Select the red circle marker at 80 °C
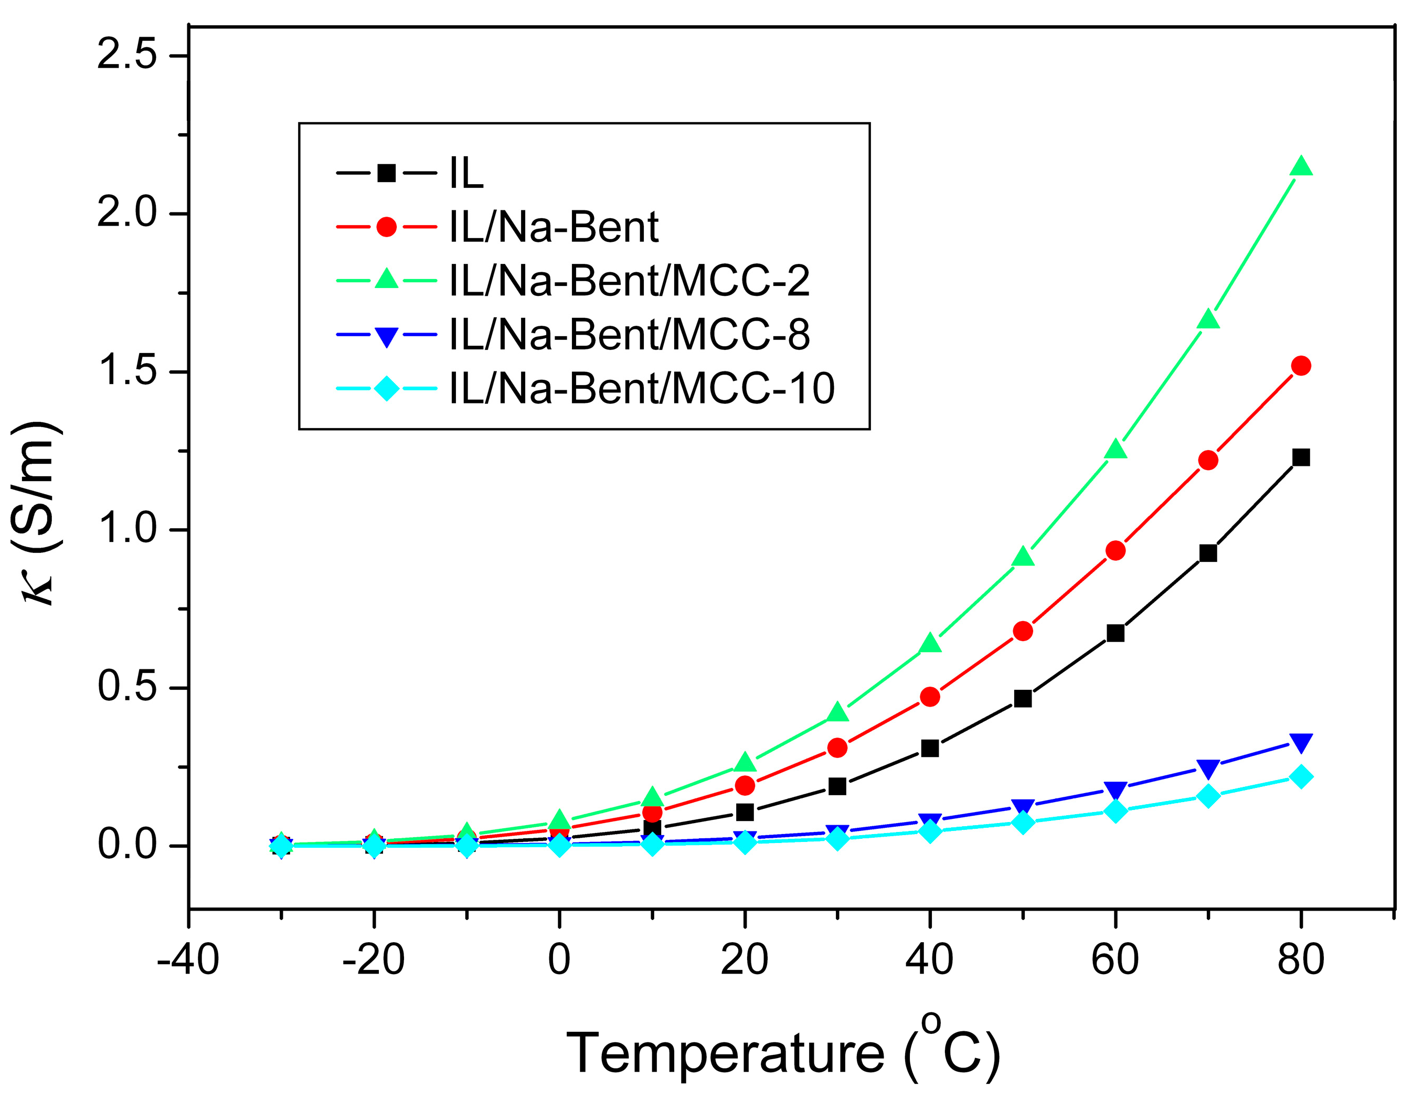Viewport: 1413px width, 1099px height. pos(1300,366)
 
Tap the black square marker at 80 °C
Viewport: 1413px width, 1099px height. pos(1300,458)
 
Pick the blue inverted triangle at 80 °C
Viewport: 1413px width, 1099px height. pos(1300,742)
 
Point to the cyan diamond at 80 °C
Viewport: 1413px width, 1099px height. pos(1300,777)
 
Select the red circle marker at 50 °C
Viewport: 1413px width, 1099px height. pos(1023,631)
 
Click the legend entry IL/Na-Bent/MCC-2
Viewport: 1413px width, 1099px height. pos(629,281)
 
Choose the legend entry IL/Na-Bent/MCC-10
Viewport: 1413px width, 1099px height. pos(642,388)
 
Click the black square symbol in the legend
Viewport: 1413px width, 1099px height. pos(386,173)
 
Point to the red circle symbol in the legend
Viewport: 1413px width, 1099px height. pos(386,227)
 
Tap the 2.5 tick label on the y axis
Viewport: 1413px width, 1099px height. pos(128,55)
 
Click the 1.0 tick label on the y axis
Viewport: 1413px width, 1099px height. pos(128,529)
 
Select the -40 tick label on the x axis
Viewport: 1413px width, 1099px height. pos(188,960)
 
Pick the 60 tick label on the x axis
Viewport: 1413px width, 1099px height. pos(1115,960)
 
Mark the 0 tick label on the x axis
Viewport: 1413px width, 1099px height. pos(559,960)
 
